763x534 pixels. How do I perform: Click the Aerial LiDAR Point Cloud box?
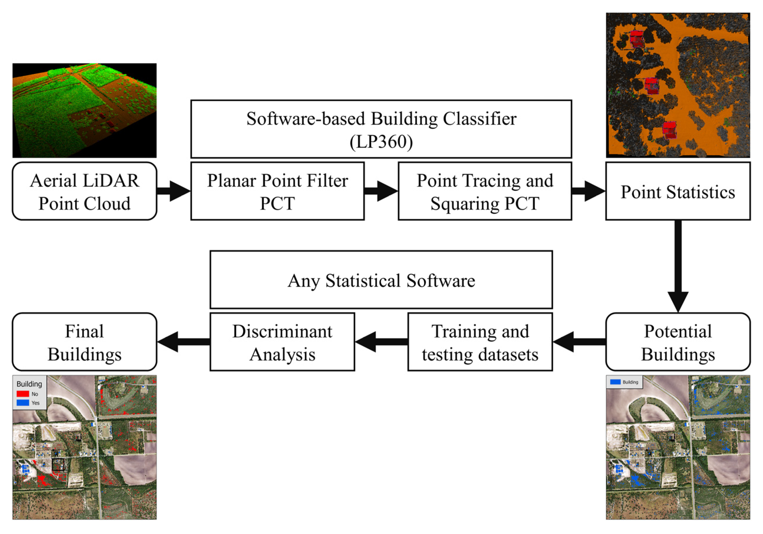tap(84, 191)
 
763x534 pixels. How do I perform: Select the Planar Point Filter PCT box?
tap(278, 191)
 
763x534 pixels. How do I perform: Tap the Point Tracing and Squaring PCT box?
tap(485, 191)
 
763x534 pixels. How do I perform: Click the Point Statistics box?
tap(678, 191)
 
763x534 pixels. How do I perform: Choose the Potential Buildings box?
tap(678, 342)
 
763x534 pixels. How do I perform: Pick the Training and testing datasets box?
tap(480, 342)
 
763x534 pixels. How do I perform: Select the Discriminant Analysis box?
tap(282, 342)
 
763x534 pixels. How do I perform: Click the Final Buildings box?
tap(84, 342)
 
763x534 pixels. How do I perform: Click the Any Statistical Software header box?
tap(381, 280)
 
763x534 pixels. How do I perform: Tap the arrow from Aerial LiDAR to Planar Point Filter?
tap(174, 191)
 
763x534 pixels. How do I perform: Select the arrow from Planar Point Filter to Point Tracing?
tap(381, 191)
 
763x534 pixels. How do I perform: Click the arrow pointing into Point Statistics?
tap(589, 191)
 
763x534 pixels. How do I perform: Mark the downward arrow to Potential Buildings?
tap(678, 266)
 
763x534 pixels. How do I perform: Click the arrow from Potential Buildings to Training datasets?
tap(579, 342)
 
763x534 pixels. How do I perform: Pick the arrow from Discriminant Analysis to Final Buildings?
tap(183, 342)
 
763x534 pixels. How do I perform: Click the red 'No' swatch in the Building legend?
tap(23, 394)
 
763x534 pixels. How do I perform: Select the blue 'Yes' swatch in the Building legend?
tap(23, 403)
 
